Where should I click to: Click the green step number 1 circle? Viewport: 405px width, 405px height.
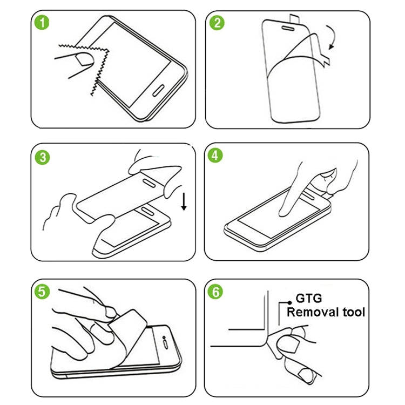pos(43,24)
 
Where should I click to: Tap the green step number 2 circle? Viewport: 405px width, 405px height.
pos(218,24)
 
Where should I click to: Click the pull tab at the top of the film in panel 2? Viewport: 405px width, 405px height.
pos(296,19)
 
